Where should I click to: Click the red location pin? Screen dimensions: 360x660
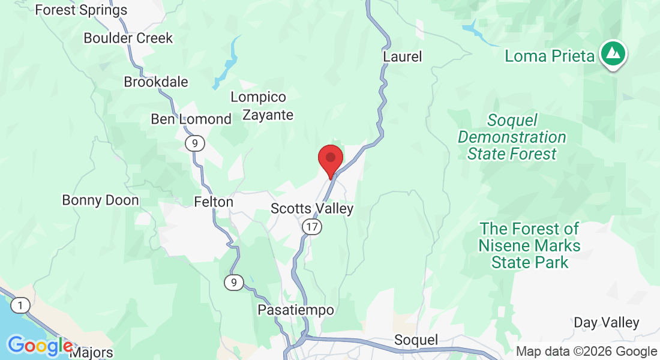point(330,159)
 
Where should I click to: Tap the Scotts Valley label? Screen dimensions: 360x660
point(312,209)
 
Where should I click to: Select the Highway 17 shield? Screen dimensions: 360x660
point(311,227)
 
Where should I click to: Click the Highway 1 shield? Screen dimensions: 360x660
point(20,305)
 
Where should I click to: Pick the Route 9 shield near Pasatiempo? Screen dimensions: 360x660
point(234,282)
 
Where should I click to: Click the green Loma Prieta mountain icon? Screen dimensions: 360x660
point(613,54)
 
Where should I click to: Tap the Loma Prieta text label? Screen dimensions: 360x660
point(550,56)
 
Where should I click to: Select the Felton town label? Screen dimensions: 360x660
point(214,202)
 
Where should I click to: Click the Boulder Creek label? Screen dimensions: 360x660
point(128,38)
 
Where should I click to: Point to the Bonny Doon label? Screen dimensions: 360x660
point(100,200)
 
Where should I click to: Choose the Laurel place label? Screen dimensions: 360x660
point(402,56)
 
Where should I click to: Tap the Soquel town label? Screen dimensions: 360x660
point(416,340)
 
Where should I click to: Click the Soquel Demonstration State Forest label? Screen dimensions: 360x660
point(512,137)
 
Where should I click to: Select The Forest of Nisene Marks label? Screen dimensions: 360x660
point(529,245)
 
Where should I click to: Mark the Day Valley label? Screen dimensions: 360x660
point(607,322)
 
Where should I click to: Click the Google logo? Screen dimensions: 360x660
point(40,346)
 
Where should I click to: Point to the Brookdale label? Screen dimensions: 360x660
point(156,82)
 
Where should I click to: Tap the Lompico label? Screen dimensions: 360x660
point(259,97)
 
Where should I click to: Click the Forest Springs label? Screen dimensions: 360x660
point(81,10)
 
